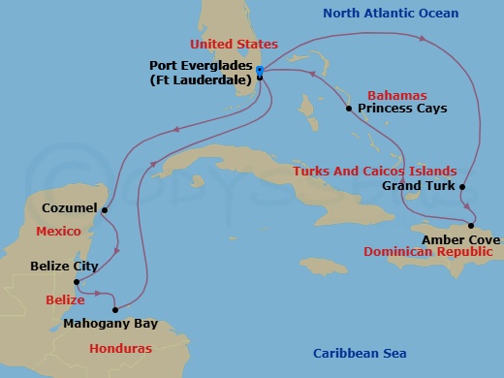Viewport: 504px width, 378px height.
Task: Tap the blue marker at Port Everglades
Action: pos(260,70)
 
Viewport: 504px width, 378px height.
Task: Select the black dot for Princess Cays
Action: pos(348,109)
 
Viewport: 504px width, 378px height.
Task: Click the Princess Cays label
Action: pos(402,109)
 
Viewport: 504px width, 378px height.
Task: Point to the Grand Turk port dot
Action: pos(463,186)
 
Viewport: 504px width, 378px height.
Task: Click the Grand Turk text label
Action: pos(416,185)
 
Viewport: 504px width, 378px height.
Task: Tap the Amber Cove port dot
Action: pos(472,225)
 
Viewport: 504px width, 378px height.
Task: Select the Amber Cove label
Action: pos(460,238)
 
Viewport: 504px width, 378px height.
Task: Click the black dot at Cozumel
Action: pos(104,209)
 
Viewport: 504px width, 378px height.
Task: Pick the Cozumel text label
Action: pos(69,208)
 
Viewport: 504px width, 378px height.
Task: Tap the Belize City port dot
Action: pos(77,283)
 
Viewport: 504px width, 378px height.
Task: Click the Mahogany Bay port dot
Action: pos(115,310)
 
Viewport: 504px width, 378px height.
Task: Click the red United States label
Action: pos(234,45)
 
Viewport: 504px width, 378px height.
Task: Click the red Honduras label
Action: pos(120,348)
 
